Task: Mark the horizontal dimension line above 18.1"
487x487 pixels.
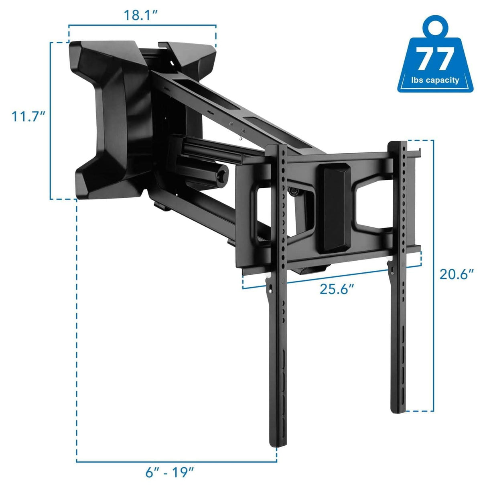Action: (x=142, y=26)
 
